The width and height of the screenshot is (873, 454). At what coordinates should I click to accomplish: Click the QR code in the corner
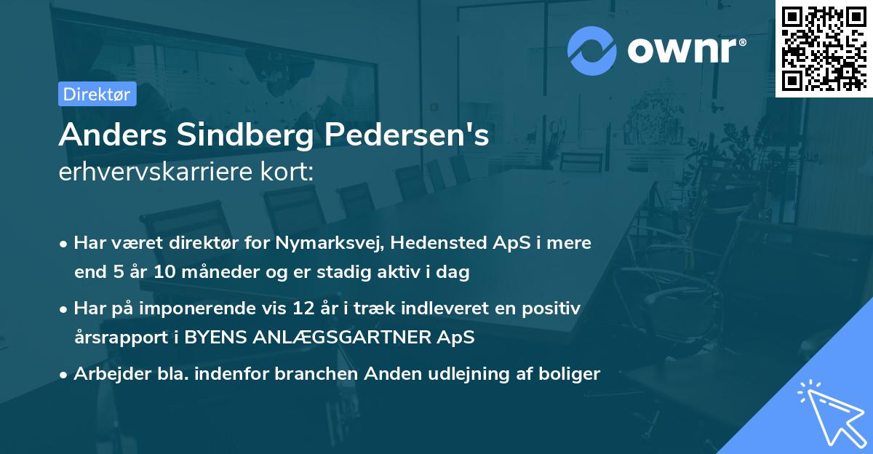(x=824, y=49)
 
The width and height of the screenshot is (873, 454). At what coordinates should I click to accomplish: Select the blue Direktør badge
(x=97, y=95)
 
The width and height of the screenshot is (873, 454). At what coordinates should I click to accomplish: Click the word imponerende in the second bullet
(x=214, y=308)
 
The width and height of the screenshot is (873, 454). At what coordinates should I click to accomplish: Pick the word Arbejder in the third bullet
(x=105, y=374)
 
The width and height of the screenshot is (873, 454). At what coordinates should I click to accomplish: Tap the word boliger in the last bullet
(x=574, y=374)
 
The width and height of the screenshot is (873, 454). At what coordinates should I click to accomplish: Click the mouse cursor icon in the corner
(x=829, y=413)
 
